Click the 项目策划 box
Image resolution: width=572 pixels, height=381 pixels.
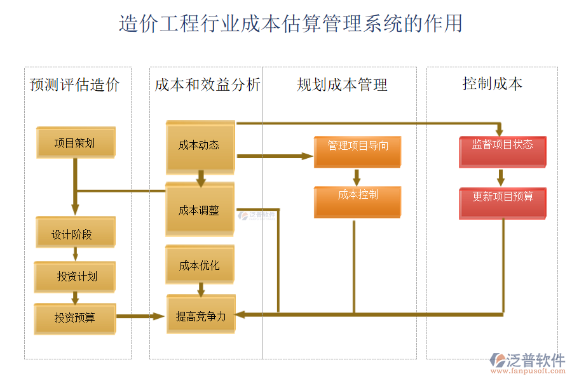(x=76, y=142)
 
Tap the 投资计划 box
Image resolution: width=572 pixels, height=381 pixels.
(x=75, y=276)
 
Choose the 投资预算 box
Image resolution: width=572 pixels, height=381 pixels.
(x=75, y=317)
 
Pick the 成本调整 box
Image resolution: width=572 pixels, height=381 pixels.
(x=200, y=210)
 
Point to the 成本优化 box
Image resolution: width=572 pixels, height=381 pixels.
(x=200, y=264)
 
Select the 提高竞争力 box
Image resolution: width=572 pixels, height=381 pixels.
(x=200, y=314)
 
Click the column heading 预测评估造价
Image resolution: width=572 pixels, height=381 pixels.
(x=74, y=84)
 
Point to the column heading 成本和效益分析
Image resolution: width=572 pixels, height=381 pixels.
(x=207, y=84)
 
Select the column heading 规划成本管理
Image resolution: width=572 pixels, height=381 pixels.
(x=342, y=84)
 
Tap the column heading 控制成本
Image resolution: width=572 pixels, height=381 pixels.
(x=493, y=83)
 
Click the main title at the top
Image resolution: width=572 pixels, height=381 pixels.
(x=290, y=23)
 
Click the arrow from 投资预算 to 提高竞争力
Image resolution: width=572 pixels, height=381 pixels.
(x=140, y=316)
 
